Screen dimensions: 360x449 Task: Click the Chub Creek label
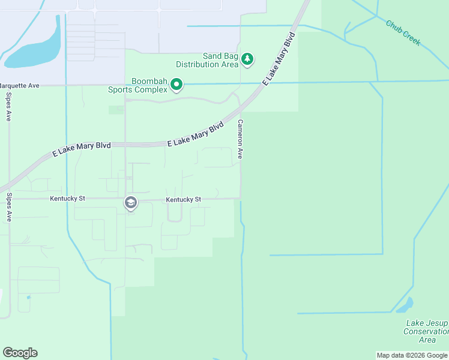click(403, 34)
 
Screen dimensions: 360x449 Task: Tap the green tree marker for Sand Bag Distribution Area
click(247, 59)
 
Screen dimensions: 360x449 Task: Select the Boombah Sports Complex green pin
click(176, 85)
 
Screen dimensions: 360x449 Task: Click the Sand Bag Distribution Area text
click(207, 60)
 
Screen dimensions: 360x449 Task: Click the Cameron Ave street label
click(240, 139)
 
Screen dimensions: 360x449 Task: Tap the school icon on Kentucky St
click(130, 203)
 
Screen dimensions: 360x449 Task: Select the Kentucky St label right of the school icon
click(184, 199)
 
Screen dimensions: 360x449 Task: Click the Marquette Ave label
click(20, 86)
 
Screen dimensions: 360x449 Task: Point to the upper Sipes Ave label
click(9, 107)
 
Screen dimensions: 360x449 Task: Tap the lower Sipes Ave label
click(9, 208)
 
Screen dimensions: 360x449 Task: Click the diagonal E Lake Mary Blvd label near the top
click(279, 61)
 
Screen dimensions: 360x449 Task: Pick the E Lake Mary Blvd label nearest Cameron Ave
click(195, 134)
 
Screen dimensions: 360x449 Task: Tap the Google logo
click(20, 353)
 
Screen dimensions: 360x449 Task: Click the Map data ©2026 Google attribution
click(412, 355)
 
